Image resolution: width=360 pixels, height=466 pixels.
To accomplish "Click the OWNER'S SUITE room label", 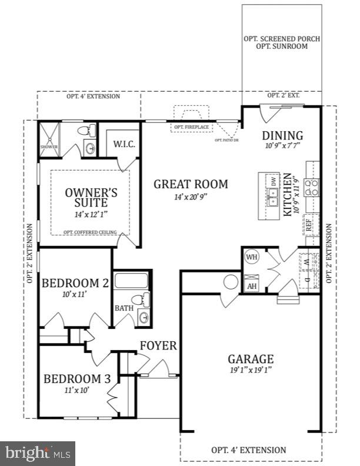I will (91, 198).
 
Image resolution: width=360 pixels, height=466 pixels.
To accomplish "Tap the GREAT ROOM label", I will (191, 184).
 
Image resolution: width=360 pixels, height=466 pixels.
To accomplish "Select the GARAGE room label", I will (251, 359).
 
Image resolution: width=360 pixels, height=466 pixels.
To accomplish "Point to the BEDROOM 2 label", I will (75, 283).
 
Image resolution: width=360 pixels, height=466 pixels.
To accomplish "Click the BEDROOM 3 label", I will (77, 378).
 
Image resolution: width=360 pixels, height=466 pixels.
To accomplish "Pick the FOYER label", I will (158, 345).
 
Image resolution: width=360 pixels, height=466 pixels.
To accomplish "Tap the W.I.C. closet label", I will (125, 143).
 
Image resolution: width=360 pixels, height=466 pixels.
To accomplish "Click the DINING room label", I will (282, 136).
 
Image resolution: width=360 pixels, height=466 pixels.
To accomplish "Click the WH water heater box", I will (252, 257).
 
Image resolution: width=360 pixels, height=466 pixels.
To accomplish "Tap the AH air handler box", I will (252, 285).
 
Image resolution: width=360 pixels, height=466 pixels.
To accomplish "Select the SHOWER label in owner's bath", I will (48, 147).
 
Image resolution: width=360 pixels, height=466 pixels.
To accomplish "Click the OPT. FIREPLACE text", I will (188, 127).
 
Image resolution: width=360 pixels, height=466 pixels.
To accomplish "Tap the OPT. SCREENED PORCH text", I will (282, 39).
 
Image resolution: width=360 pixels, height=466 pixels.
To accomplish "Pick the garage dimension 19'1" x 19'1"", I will (251, 370).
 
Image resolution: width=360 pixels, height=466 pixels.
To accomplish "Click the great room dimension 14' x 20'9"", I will (191, 198).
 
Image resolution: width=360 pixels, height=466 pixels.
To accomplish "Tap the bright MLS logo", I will (38, 454).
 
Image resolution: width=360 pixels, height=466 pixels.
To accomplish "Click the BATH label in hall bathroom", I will (124, 308).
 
